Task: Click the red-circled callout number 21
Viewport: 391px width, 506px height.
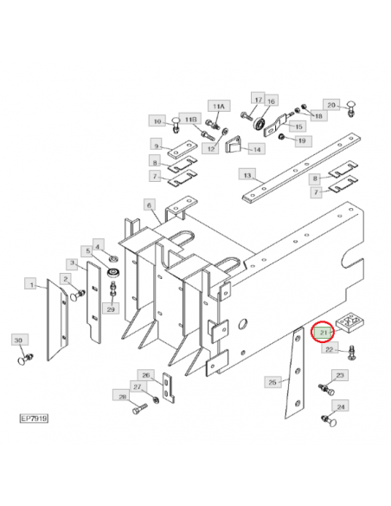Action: (x=323, y=333)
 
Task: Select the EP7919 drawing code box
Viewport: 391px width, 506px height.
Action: (x=34, y=418)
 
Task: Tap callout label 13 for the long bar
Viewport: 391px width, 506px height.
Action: (x=247, y=175)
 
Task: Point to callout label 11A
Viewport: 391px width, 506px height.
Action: (x=218, y=107)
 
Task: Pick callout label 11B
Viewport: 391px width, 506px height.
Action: (x=190, y=120)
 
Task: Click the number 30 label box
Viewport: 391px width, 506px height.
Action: (x=18, y=341)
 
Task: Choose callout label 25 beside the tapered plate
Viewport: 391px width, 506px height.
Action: (x=272, y=382)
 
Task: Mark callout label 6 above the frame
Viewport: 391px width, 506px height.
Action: (x=149, y=205)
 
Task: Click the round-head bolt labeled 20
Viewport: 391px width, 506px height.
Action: (x=351, y=109)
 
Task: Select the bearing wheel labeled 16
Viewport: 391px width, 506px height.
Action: (x=259, y=124)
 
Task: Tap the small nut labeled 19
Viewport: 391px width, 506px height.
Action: (x=281, y=137)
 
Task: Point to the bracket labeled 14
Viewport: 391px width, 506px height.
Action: (x=234, y=145)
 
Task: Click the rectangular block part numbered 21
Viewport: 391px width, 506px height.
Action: (x=349, y=323)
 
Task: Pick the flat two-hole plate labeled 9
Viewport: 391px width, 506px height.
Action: (x=183, y=149)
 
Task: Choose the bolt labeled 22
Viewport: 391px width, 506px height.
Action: (x=352, y=353)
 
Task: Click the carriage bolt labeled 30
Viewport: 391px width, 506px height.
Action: (x=24, y=359)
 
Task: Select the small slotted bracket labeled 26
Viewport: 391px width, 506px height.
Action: (x=168, y=388)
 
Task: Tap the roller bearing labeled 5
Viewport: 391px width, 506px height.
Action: (x=113, y=272)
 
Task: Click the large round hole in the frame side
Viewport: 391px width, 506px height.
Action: (x=243, y=323)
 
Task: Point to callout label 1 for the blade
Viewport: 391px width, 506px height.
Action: (x=31, y=284)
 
